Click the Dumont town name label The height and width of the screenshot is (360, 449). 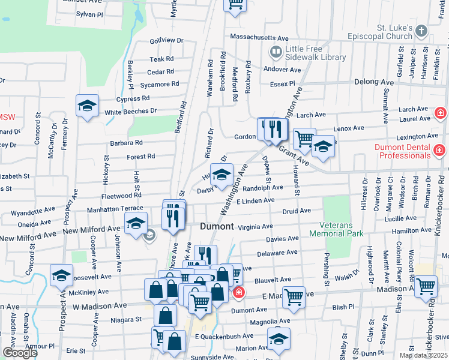[x=216, y=227]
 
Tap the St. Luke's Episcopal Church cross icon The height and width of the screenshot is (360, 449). [x=421, y=31]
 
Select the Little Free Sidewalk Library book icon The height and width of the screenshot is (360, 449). [x=276, y=52]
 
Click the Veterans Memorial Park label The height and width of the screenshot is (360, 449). [x=337, y=232]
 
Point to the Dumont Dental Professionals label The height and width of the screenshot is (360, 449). [x=402, y=151]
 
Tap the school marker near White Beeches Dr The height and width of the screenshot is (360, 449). [x=88, y=107]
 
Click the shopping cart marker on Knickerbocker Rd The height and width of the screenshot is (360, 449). [x=426, y=286]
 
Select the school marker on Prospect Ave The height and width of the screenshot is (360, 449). [x=61, y=276]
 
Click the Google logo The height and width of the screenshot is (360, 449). [x=20, y=353]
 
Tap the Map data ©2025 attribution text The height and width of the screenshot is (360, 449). [x=423, y=355]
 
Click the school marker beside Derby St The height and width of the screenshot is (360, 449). [x=221, y=175]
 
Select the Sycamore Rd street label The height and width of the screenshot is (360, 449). [x=158, y=84]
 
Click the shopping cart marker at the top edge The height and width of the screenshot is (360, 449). [x=236, y=4]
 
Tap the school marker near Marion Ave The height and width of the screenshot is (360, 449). [x=279, y=339]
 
